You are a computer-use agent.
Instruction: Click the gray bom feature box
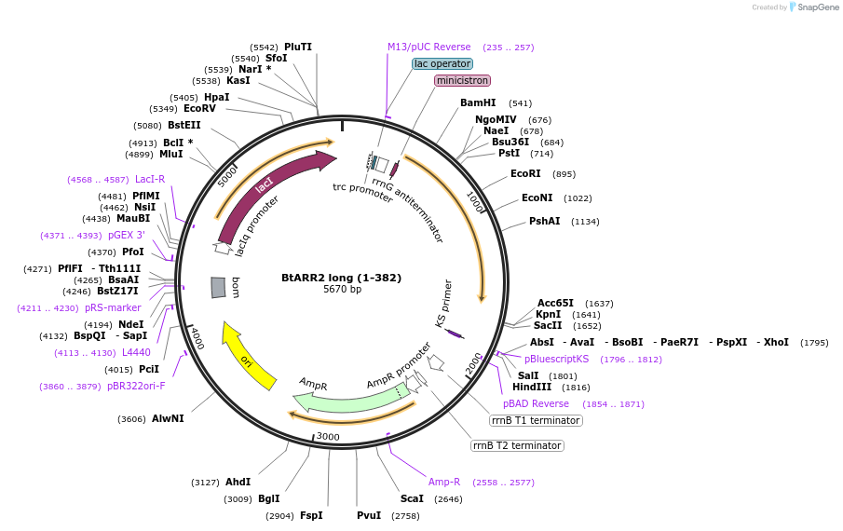click(218, 288)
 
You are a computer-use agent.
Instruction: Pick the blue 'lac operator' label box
click(442, 63)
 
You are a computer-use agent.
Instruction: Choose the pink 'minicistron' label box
click(462, 81)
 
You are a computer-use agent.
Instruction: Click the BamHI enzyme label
click(478, 103)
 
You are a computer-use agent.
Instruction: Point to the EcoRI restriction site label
click(525, 174)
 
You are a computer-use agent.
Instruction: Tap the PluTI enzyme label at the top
click(298, 47)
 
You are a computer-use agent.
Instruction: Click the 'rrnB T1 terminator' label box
click(536, 421)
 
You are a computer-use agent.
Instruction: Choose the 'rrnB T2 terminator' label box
click(517, 445)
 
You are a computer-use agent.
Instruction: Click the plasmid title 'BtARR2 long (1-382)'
click(328, 277)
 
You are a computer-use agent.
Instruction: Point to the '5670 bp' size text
click(329, 290)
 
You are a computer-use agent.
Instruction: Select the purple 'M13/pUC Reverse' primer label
click(429, 47)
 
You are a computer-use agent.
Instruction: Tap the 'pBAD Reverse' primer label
click(536, 404)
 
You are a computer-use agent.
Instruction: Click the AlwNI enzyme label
click(168, 419)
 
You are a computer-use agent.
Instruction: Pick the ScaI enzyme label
click(412, 498)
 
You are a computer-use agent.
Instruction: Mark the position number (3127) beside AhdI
click(205, 483)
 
